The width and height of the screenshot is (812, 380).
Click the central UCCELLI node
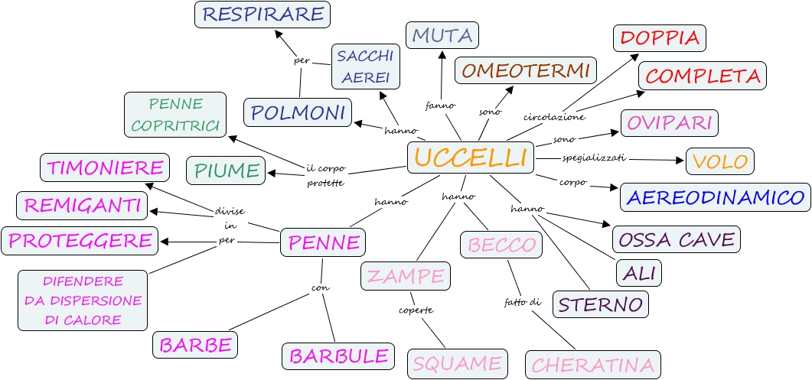pyautogui.click(x=470, y=158)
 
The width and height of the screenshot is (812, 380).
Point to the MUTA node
pyautogui.click(x=443, y=35)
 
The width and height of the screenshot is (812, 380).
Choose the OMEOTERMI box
pyautogui.click(x=526, y=70)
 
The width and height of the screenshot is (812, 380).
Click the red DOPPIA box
pyautogui.click(x=660, y=37)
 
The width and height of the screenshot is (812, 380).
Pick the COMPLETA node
pyautogui.click(x=703, y=76)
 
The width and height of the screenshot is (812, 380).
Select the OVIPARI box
pyautogui.click(x=670, y=122)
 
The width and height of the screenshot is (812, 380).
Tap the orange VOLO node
pyautogui.click(x=720, y=161)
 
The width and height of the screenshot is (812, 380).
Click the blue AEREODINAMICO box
pyautogui.click(x=715, y=197)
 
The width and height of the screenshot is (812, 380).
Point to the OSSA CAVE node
pyautogui.click(x=677, y=239)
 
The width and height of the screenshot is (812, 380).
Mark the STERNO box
pyautogui.click(x=601, y=304)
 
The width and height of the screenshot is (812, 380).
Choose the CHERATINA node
pyautogui.click(x=593, y=365)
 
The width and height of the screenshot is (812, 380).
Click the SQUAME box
pyautogui.click(x=457, y=363)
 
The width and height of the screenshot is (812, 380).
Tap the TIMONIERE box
pyautogui.click(x=103, y=167)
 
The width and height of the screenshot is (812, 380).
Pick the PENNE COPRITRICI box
pyautogui.click(x=175, y=115)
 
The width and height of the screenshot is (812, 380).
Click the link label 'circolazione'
pyautogui.click(x=554, y=117)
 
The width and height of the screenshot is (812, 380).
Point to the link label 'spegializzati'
pyautogui.click(x=595, y=158)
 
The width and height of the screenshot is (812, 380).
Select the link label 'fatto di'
pyautogui.click(x=523, y=302)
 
